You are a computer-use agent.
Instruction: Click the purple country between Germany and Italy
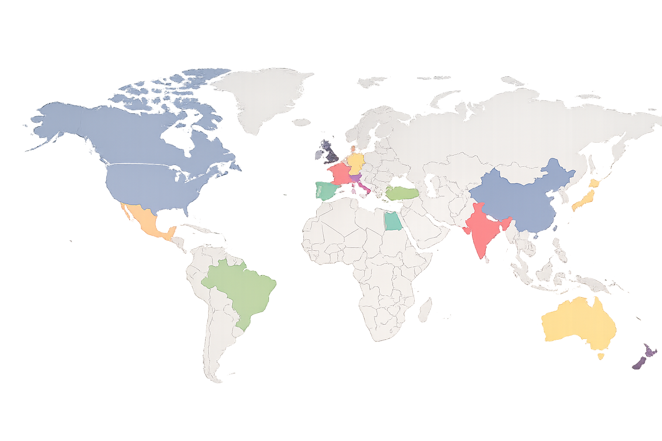(356, 177)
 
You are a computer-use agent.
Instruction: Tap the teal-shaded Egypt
(392, 222)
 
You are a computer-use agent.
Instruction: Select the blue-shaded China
(521, 198)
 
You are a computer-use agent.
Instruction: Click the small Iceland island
(303, 123)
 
